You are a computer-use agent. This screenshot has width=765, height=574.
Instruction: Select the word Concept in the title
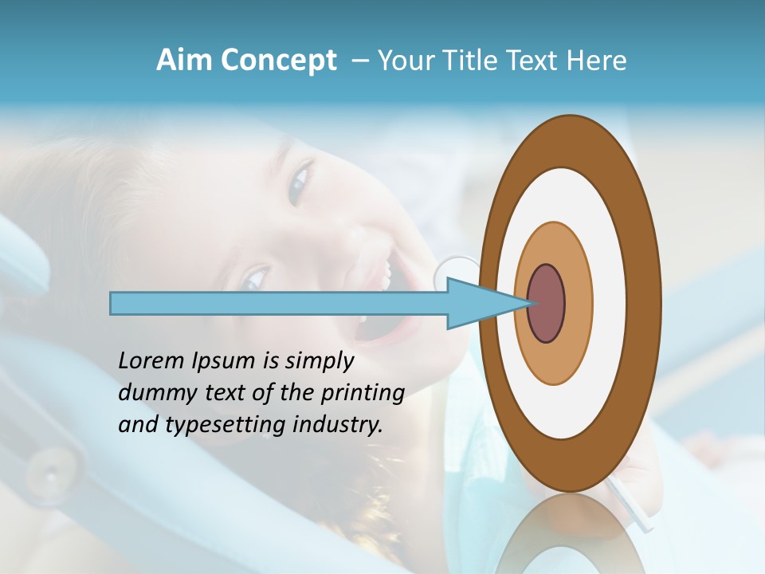point(278,61)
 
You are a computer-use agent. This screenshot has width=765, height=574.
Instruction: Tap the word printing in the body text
point(363,394)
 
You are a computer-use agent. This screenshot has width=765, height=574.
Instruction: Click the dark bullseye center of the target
point(547,304)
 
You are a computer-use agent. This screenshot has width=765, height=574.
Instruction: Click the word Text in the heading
point(534,61)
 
